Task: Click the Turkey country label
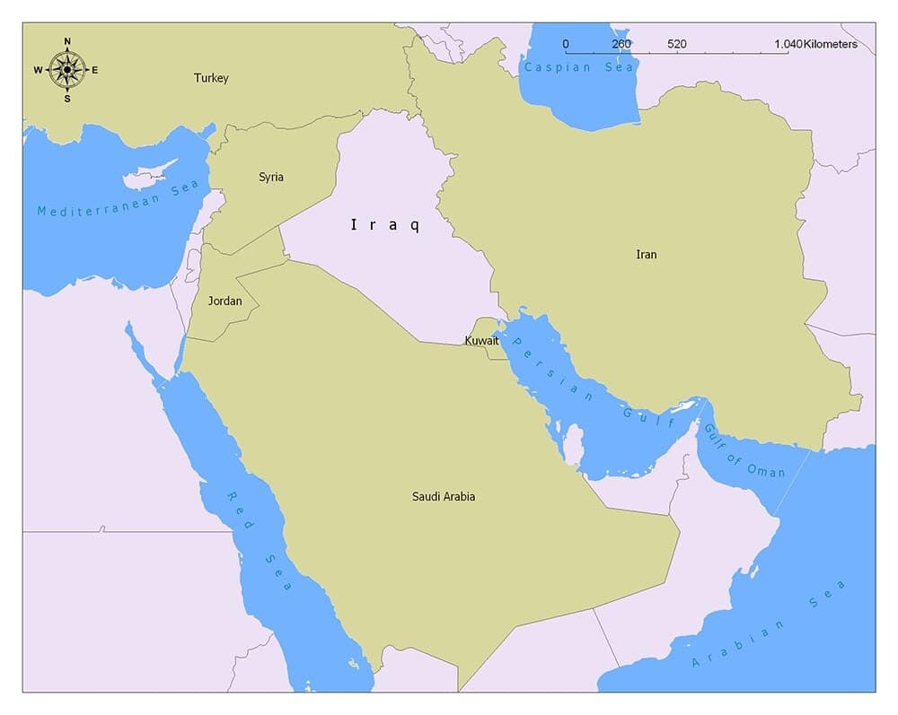tap(211, 78)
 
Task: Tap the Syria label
tap(271, 177)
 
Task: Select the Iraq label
tap(384, 225)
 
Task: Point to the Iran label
tap(647, 255)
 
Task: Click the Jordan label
tap(224, 301)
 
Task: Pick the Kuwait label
tap(481, 341)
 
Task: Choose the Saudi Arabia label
tap(444, 496)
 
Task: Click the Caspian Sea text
tap(578, 67)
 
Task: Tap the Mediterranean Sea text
tap(117, 198)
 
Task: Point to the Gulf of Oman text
tap(743, 451)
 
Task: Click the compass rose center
tap(66, 69)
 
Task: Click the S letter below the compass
tap(66, 98)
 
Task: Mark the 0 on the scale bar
tap(566, 44)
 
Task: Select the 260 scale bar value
tap(621, 44)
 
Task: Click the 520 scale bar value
tap(677, 44)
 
